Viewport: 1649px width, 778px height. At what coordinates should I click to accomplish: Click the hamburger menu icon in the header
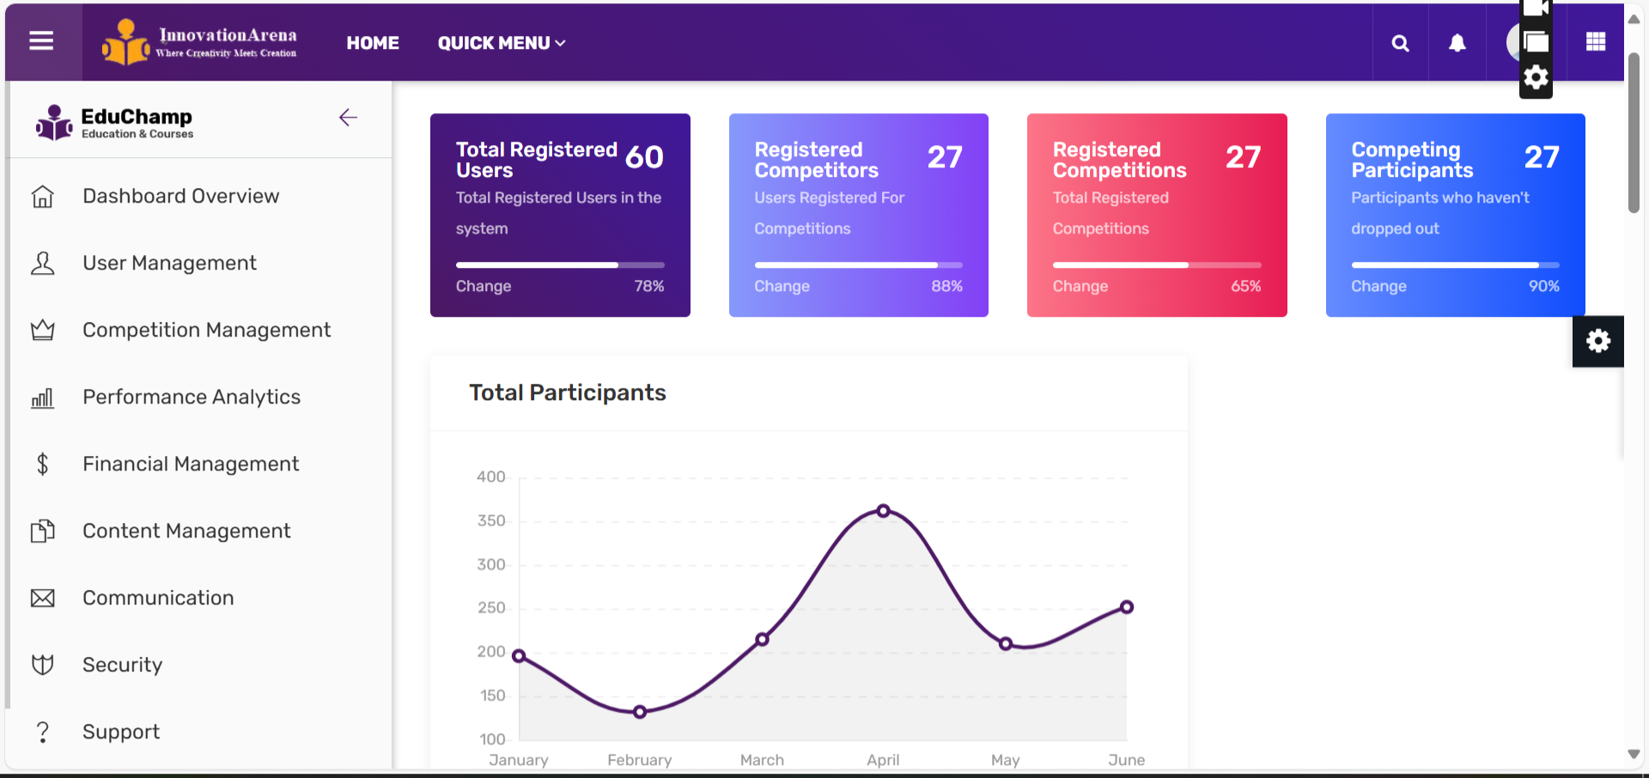click(41, 41)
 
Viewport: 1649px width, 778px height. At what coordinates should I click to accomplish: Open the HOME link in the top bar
click(373, 43)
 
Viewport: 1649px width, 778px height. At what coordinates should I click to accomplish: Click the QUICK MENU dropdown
click(501, 43)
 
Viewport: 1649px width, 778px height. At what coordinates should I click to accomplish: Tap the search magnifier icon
click(1400, 43)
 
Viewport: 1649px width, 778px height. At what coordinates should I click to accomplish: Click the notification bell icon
click(1457, 43)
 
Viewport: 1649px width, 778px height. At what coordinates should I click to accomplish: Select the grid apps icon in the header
click(1596, 42)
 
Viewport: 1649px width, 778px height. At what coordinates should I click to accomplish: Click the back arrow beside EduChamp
click(348, 118)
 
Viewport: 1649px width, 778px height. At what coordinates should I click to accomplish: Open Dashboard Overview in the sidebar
click(180, 197)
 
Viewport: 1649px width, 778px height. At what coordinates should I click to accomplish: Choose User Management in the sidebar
click(169, 264)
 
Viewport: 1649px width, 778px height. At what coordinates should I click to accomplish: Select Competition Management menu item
click(206, 331)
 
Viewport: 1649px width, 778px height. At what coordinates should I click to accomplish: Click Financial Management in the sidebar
click(191, 465)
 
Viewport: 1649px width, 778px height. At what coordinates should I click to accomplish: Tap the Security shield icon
click(42, 665)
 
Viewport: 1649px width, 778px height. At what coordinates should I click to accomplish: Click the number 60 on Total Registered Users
click(644, 157)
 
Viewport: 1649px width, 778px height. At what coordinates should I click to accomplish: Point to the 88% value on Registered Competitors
click(946, 286)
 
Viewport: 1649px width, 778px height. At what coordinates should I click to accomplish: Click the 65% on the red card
click(1245, 286)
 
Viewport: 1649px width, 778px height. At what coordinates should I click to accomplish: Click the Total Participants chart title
click(567, 393)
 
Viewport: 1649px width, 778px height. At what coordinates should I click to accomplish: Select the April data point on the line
click(883, 511)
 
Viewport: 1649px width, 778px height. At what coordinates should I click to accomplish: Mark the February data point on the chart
click(640, 712)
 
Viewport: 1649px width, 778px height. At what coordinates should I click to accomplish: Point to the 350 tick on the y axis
click(491, 521)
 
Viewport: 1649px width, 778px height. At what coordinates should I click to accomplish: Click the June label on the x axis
click(1126, 760)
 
